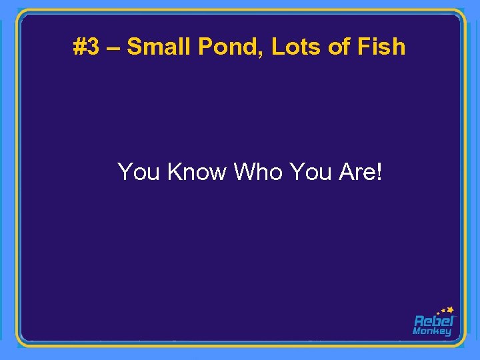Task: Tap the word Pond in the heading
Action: click(227, 47)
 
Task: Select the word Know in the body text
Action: click(197, 172)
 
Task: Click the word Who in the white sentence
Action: click(259, 172)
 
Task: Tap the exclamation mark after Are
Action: click(379, 172)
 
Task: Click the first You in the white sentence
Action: click(139, 172)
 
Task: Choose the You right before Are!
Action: click(311, 172)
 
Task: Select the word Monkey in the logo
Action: click(432, 331)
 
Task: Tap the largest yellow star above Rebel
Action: click(451, 309)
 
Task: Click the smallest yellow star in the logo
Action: click(437, 313)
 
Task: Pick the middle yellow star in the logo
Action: click(443, 311)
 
